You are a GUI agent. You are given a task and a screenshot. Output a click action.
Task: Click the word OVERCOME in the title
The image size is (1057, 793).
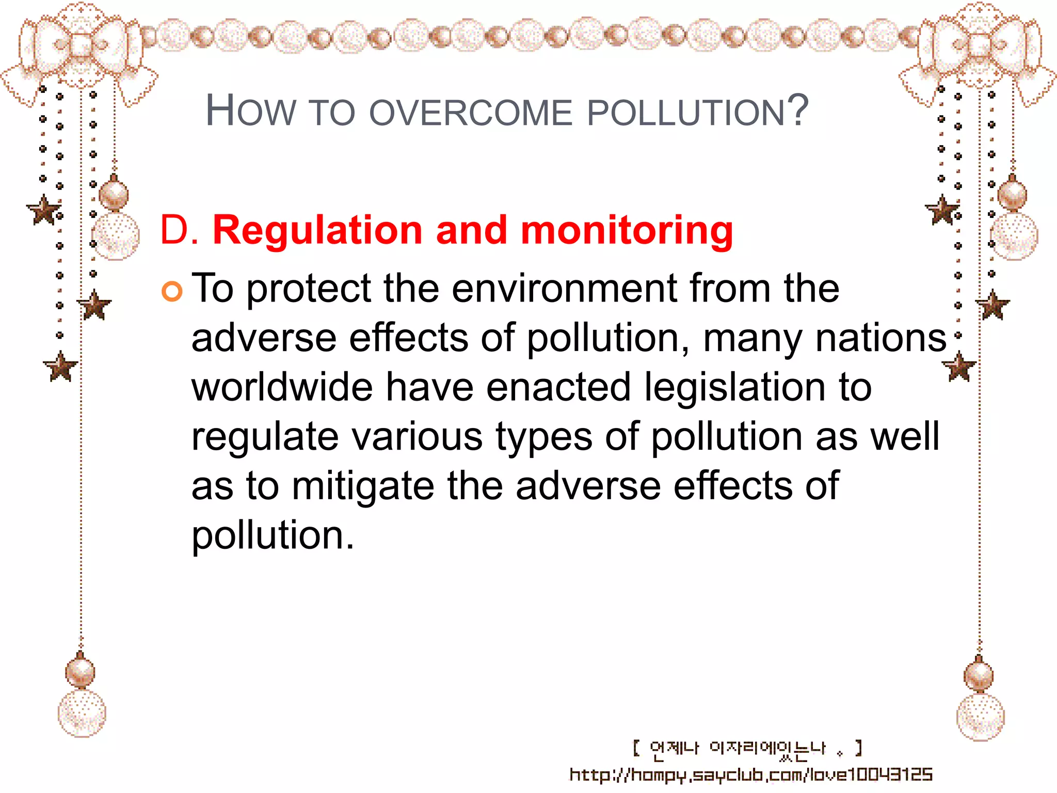tap(471, 113)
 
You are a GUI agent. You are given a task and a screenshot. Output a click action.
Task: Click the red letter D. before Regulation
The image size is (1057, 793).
tap(179, 230)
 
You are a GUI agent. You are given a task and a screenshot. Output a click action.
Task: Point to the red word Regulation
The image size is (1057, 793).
tap(318, 230)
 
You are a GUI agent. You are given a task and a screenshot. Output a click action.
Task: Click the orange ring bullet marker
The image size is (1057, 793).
tap(172, 292)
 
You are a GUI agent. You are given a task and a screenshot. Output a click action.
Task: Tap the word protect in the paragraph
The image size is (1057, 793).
tap(309, 289)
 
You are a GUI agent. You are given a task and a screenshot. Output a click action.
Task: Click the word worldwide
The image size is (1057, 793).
tap(282, 387)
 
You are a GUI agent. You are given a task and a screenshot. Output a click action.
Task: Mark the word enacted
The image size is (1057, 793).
tap(558, 387)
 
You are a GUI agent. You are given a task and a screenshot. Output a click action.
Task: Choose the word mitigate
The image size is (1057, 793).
tap(363, 487)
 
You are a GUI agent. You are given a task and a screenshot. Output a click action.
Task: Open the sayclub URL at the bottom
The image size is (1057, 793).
tap(751, 774)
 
